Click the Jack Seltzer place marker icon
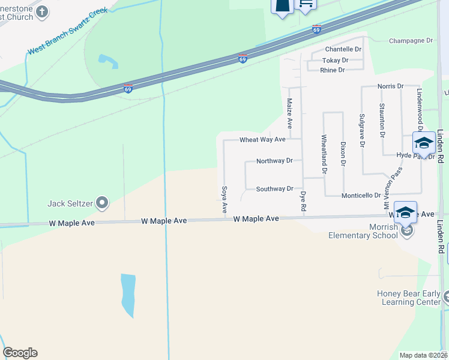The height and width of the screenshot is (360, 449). pos(102,203)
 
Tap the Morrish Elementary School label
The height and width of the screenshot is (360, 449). pos(363,231)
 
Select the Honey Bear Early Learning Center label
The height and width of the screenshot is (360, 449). pos(408,298)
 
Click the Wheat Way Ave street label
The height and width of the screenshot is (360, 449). pos(262,140)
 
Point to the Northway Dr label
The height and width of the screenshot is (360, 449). pos(274,161)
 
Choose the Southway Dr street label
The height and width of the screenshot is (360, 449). pos(274,189)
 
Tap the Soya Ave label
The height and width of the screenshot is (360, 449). pos(224,200)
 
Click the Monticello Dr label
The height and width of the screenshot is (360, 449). pos(361,196)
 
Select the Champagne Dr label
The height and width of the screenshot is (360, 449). pos(411,41)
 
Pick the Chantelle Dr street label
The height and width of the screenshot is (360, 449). pos(343,49)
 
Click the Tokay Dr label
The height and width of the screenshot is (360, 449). pos(335,61)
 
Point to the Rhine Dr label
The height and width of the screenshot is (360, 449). pos(333,70)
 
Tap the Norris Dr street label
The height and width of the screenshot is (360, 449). pos(390,86)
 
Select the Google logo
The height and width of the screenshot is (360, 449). pos(20,353)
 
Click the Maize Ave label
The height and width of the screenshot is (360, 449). pos(289,113)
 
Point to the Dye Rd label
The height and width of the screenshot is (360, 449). pos(303,200)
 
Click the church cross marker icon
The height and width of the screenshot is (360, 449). pos(42,11)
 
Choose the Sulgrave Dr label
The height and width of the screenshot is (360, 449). pos(361,130)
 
